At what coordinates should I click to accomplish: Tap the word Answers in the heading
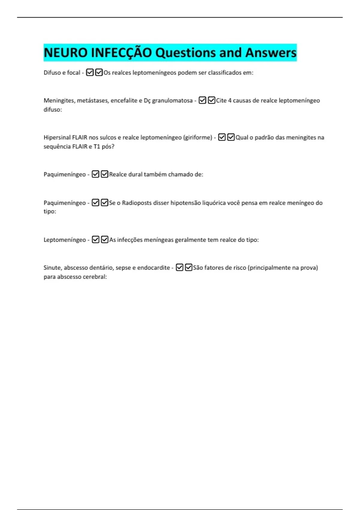(x=271, y=53)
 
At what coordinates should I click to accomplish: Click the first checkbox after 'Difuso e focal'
(x=90, y=73)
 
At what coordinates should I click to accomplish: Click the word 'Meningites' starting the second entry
(x=59, y=100)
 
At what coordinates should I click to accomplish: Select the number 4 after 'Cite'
(x=230, y=100)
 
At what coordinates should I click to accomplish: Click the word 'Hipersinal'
(x=57, y=137)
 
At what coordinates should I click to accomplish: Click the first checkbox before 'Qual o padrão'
(x=222, y=137)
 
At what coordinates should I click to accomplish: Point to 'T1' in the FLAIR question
(x=97, y=146)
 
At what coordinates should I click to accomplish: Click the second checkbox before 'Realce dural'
(x=104, y=174)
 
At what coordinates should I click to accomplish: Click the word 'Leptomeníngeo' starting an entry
(x=65, y=240)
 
